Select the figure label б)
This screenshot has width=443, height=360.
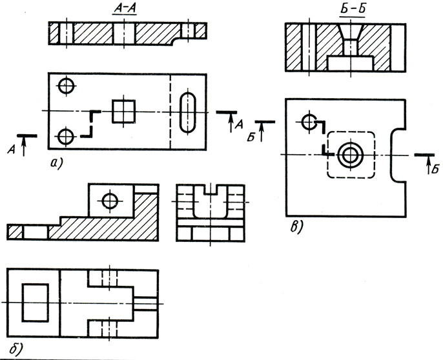point(12,349)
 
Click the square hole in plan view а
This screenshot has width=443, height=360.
point(123,112)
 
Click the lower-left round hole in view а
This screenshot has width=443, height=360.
point(65,136)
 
